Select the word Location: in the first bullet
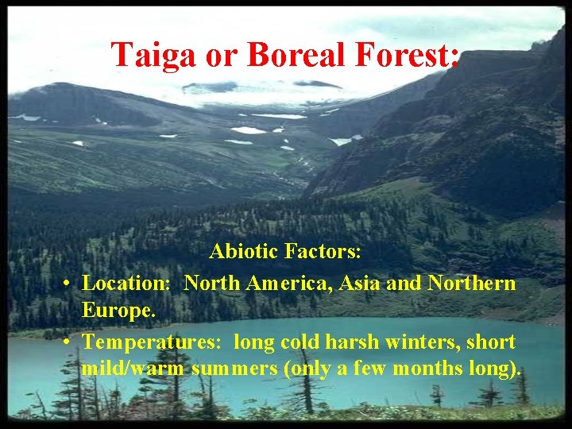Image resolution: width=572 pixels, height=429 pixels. [x=129, y=283]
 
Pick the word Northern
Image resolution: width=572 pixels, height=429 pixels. [x=472, y=283]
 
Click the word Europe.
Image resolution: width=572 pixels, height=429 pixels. [x=118, y=311]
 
